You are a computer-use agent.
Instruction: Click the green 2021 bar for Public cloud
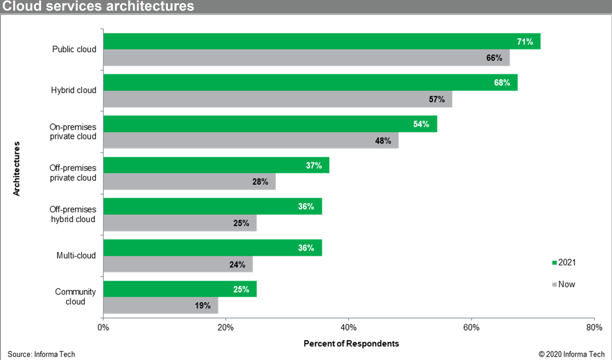[x=321, y=42]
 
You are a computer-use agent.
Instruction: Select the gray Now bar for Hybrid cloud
[x=277, y=99]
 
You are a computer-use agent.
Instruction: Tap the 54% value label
[x=421, y=124]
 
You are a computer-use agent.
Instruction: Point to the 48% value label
[x=382, y=141]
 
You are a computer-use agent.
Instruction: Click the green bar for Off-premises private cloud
[x=216, y=165]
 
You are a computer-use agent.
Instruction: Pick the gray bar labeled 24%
[x=177, y=264]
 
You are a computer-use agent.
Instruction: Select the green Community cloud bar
[x=180, y=289]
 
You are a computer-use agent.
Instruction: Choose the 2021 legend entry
[x=564, y=262]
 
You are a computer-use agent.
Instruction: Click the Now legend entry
[x=564, y=284]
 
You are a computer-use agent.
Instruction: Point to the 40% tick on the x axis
[x=349, y=327]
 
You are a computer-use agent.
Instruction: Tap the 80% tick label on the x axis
[x=594, y=327]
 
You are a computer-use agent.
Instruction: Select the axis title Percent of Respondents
[x=351, y=344]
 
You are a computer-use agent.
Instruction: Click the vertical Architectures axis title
[x=17, y=168]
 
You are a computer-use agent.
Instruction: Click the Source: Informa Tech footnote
[x=41, y=354]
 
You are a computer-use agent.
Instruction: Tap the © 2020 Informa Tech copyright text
[x=571, y=354]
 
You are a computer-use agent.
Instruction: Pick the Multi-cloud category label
[x=76, y=256]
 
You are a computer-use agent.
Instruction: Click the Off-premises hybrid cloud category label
[x=73, y=214]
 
